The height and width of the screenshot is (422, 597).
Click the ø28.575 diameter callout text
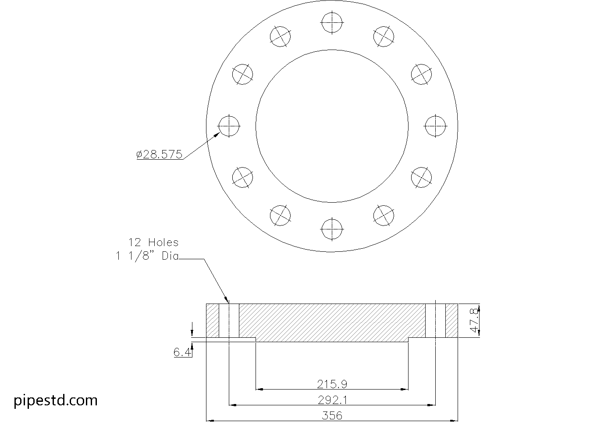(159, 154)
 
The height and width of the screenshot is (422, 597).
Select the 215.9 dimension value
(332, 384)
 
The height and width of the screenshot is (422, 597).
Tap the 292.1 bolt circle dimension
(332, 400)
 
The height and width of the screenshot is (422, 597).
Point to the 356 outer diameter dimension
(332, 415)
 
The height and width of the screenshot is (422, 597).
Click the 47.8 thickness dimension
(474, 320)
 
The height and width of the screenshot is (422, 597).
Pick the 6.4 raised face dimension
(182, 352)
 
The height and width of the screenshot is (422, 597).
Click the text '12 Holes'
(153, 243)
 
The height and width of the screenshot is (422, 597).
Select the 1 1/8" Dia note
(147, 256)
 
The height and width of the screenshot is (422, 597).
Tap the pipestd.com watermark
(56, 401)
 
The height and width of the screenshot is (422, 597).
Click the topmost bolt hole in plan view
(332, 23)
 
